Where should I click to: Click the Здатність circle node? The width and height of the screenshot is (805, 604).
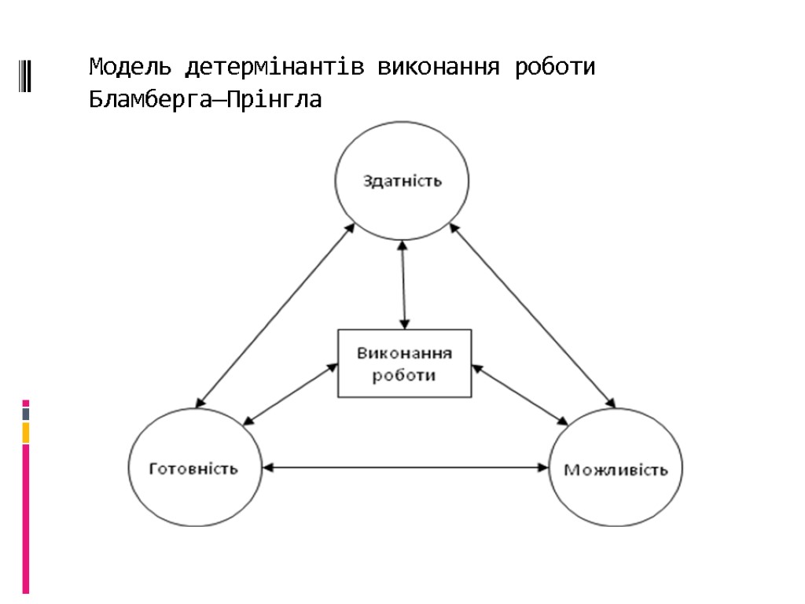click(402, 181)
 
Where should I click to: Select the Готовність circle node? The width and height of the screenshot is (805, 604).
click(194, 469)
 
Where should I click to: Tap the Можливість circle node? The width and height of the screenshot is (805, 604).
click(616, 470)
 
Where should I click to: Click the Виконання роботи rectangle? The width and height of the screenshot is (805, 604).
click(405, 363)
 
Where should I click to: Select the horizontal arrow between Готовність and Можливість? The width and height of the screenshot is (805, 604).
click(405, 467)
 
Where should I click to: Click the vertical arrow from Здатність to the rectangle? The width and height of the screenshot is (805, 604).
click(403, 285)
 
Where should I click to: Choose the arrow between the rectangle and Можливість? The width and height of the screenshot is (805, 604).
click(520, 394)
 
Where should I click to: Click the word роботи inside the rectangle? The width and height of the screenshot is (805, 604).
click(404, 375)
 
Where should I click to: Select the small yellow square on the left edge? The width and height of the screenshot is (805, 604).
click(26, 432)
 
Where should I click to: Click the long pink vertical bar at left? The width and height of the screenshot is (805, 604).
click(26, 519)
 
